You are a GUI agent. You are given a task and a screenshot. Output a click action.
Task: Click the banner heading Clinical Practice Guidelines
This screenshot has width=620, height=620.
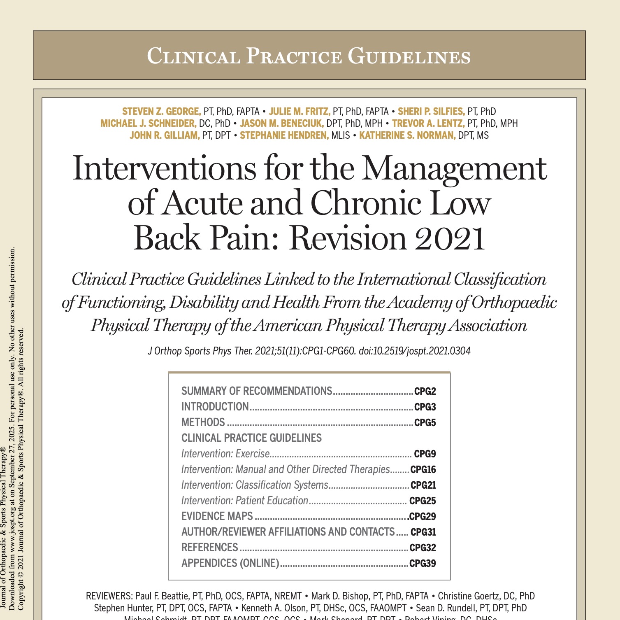309,56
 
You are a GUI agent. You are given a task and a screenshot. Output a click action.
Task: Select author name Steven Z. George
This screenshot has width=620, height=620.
161,112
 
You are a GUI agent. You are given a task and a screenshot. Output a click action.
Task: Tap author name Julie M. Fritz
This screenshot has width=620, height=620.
300,112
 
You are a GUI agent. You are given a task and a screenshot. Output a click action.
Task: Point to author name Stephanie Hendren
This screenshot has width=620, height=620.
284,135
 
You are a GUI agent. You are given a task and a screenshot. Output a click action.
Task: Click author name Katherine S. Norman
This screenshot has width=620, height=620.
407,135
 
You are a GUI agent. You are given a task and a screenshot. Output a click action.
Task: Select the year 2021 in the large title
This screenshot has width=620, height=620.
450,238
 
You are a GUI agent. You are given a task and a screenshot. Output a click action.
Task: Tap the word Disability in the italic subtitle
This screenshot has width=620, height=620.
204,303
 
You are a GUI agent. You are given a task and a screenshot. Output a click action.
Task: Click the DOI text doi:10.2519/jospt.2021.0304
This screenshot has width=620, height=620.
414,351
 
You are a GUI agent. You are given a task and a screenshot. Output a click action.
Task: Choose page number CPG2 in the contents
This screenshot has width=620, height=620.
425,391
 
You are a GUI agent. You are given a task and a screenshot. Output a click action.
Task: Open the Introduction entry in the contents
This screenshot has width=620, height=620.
215,407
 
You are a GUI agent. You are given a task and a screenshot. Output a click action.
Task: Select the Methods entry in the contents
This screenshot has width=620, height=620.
203,422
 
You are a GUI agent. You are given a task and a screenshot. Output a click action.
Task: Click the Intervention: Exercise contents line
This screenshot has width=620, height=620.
225,454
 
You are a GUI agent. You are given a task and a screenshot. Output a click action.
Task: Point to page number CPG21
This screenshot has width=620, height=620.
423,485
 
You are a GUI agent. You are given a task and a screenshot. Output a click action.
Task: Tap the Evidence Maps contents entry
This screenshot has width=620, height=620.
217,516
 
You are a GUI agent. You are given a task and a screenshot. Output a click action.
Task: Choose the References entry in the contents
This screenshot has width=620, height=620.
210,548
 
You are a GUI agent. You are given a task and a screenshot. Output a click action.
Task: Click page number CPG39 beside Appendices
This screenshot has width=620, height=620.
423,563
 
